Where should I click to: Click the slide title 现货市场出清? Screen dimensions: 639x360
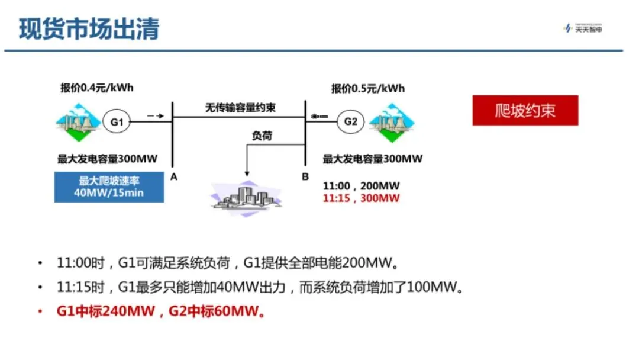tap(89, 28)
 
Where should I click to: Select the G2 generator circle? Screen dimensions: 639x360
tap(351, 122)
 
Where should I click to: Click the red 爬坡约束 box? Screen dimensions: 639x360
tap(525, 111)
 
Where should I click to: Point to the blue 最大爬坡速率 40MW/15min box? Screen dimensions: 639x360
tap(109, 187)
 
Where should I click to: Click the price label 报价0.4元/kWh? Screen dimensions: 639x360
tap(97, 89)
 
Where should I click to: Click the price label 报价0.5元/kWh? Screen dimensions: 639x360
tap(368, 89)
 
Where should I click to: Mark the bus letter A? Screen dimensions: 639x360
tap(173, 176)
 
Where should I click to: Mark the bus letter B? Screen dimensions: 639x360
tap(305, 176)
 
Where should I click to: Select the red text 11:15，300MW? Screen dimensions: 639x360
tap(361, 198)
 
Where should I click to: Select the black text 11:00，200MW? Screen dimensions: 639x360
tap(361, 185)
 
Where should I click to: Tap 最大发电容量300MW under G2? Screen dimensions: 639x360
tap(373, 159)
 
